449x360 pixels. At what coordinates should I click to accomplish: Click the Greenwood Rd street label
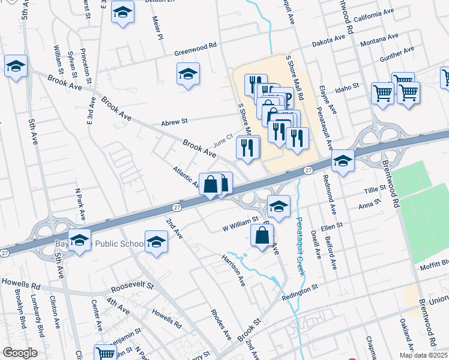click(x=196, y=52)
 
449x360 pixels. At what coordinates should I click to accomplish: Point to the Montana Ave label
click(x=379, y=40)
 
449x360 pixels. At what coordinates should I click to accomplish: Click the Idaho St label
click(x=347, y=86)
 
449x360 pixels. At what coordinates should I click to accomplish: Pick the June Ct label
click(x=222, y=141)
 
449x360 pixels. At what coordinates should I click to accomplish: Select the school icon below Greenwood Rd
click(x=188, y=74)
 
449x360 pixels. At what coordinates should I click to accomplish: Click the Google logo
click(x=20, y=353)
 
